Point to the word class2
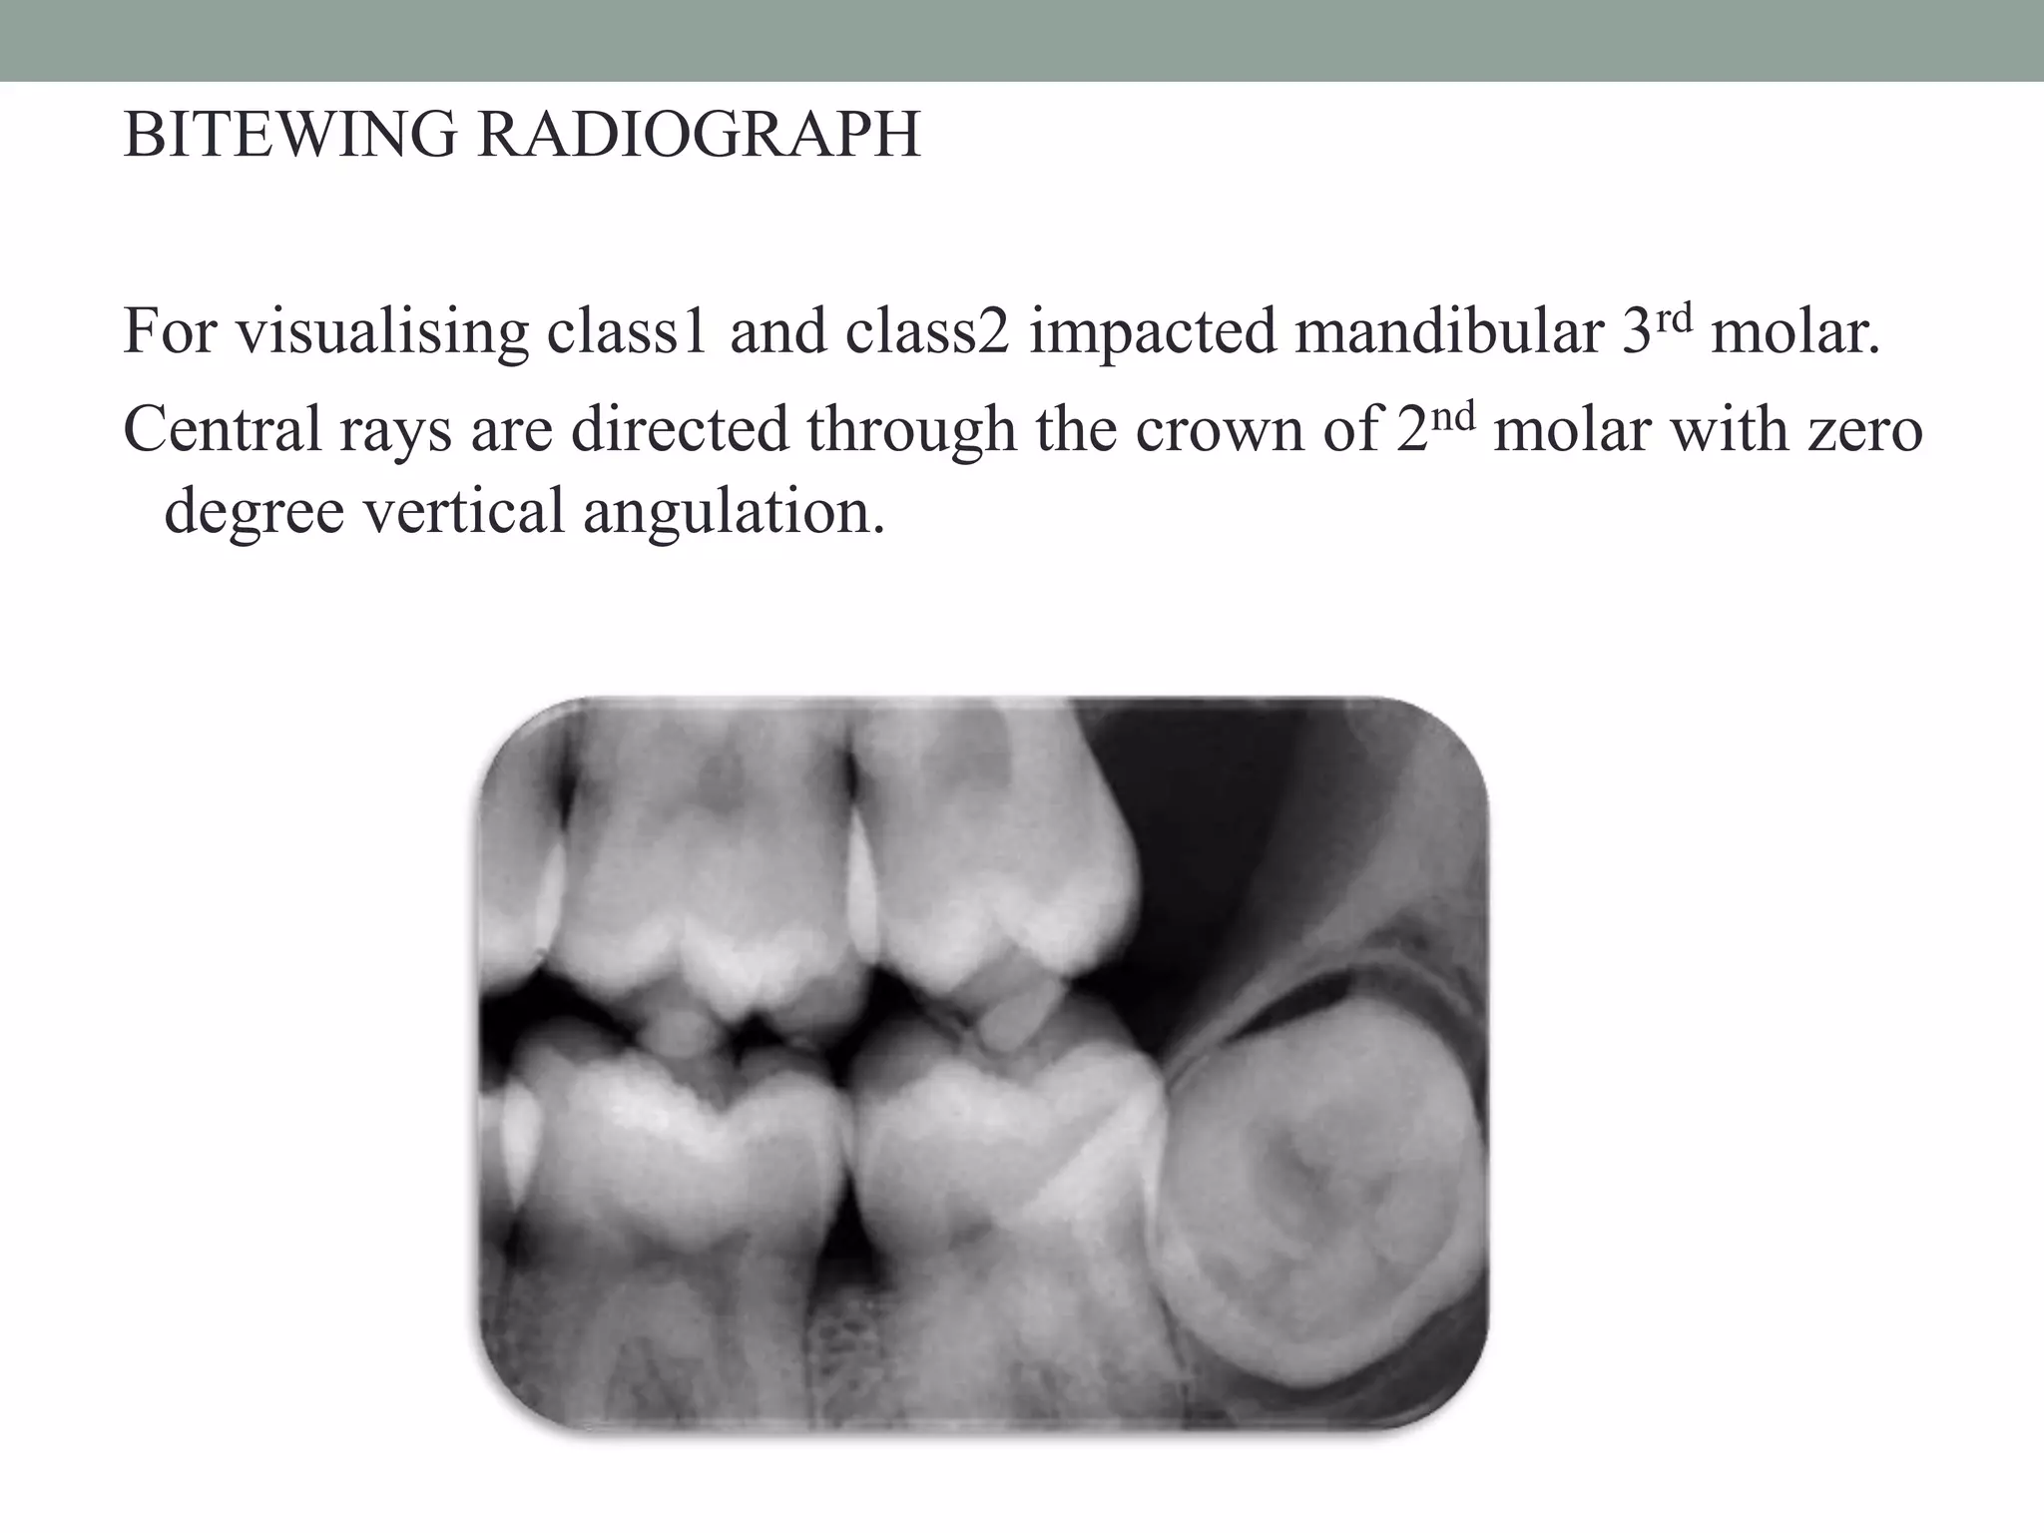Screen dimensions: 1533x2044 [x=927, y=332]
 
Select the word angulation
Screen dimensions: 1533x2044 [x=734, y=512]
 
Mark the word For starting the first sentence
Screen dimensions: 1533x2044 [x=169, y=332]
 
